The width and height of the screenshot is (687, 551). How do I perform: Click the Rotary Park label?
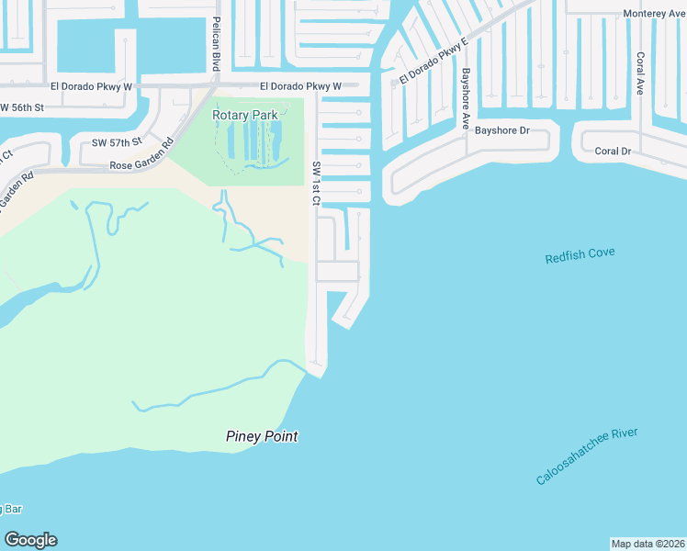coord(244,115)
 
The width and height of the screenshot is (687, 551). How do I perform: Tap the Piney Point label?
coord(262,436)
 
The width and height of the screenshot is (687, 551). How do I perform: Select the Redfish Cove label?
coord(580,256)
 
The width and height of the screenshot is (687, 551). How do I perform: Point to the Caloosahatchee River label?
coord(587,456)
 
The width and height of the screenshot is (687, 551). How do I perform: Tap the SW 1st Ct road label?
coord(316,184)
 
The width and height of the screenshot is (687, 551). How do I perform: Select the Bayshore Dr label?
coord(502,130)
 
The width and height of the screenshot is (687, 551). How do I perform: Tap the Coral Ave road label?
coord(640,73)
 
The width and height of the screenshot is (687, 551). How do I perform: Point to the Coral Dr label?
coord(613,151)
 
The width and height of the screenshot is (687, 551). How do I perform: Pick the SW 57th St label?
coord(117,142)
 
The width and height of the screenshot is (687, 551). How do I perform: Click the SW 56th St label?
coord(23,107)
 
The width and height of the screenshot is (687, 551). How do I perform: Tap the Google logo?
coord(30,540)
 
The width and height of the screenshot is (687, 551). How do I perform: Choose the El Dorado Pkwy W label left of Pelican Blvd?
coord(92,85)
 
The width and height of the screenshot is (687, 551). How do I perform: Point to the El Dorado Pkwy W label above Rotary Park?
coord(300,86)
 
